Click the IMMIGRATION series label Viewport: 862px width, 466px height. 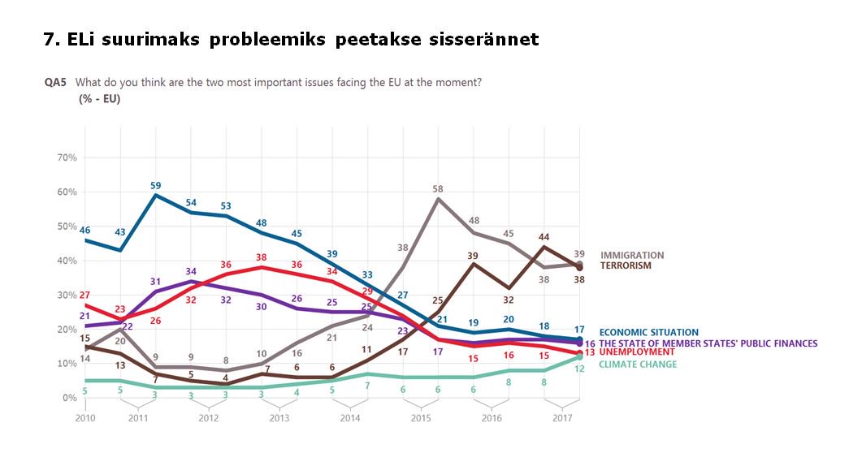[x=631, y=255]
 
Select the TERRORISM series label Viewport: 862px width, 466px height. [x=627, y=265]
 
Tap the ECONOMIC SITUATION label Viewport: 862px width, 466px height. [x=648, y=332]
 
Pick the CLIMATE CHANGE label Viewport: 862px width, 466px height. [x=638, y=365]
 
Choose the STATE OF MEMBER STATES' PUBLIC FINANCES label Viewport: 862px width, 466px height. [x=708, y=343]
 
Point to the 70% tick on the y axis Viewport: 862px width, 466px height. [x=65, y=157]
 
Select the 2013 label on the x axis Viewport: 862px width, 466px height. [x=279, y=418]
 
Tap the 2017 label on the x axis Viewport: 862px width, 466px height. [x=562, y=418]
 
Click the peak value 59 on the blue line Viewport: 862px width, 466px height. [x=156, y=186]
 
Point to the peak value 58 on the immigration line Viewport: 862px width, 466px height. [x=438, y=189]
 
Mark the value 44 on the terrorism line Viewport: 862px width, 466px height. [x=544, y=237]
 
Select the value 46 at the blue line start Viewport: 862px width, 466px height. [x=84, y=231]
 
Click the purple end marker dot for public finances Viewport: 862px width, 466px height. [x=579, y=343]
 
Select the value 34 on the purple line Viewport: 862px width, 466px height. [x=190, y=271]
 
